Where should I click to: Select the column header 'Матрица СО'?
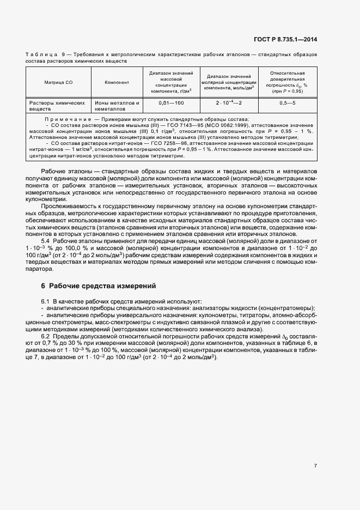pyautogui.click(x=58, y=83)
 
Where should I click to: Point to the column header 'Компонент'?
pyautogui.click(x=117, y=83)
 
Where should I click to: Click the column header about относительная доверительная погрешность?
pyautogui.click(x=287, y=82)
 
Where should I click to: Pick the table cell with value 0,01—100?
pyautogui.click(x=171, y=103)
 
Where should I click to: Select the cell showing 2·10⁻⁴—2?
pyautogui.click(x=229, y=103)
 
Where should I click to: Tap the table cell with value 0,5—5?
pyautogui.click(x=287, y=103)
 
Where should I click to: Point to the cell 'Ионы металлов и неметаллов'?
pyautogui.click(x=117, y=106)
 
